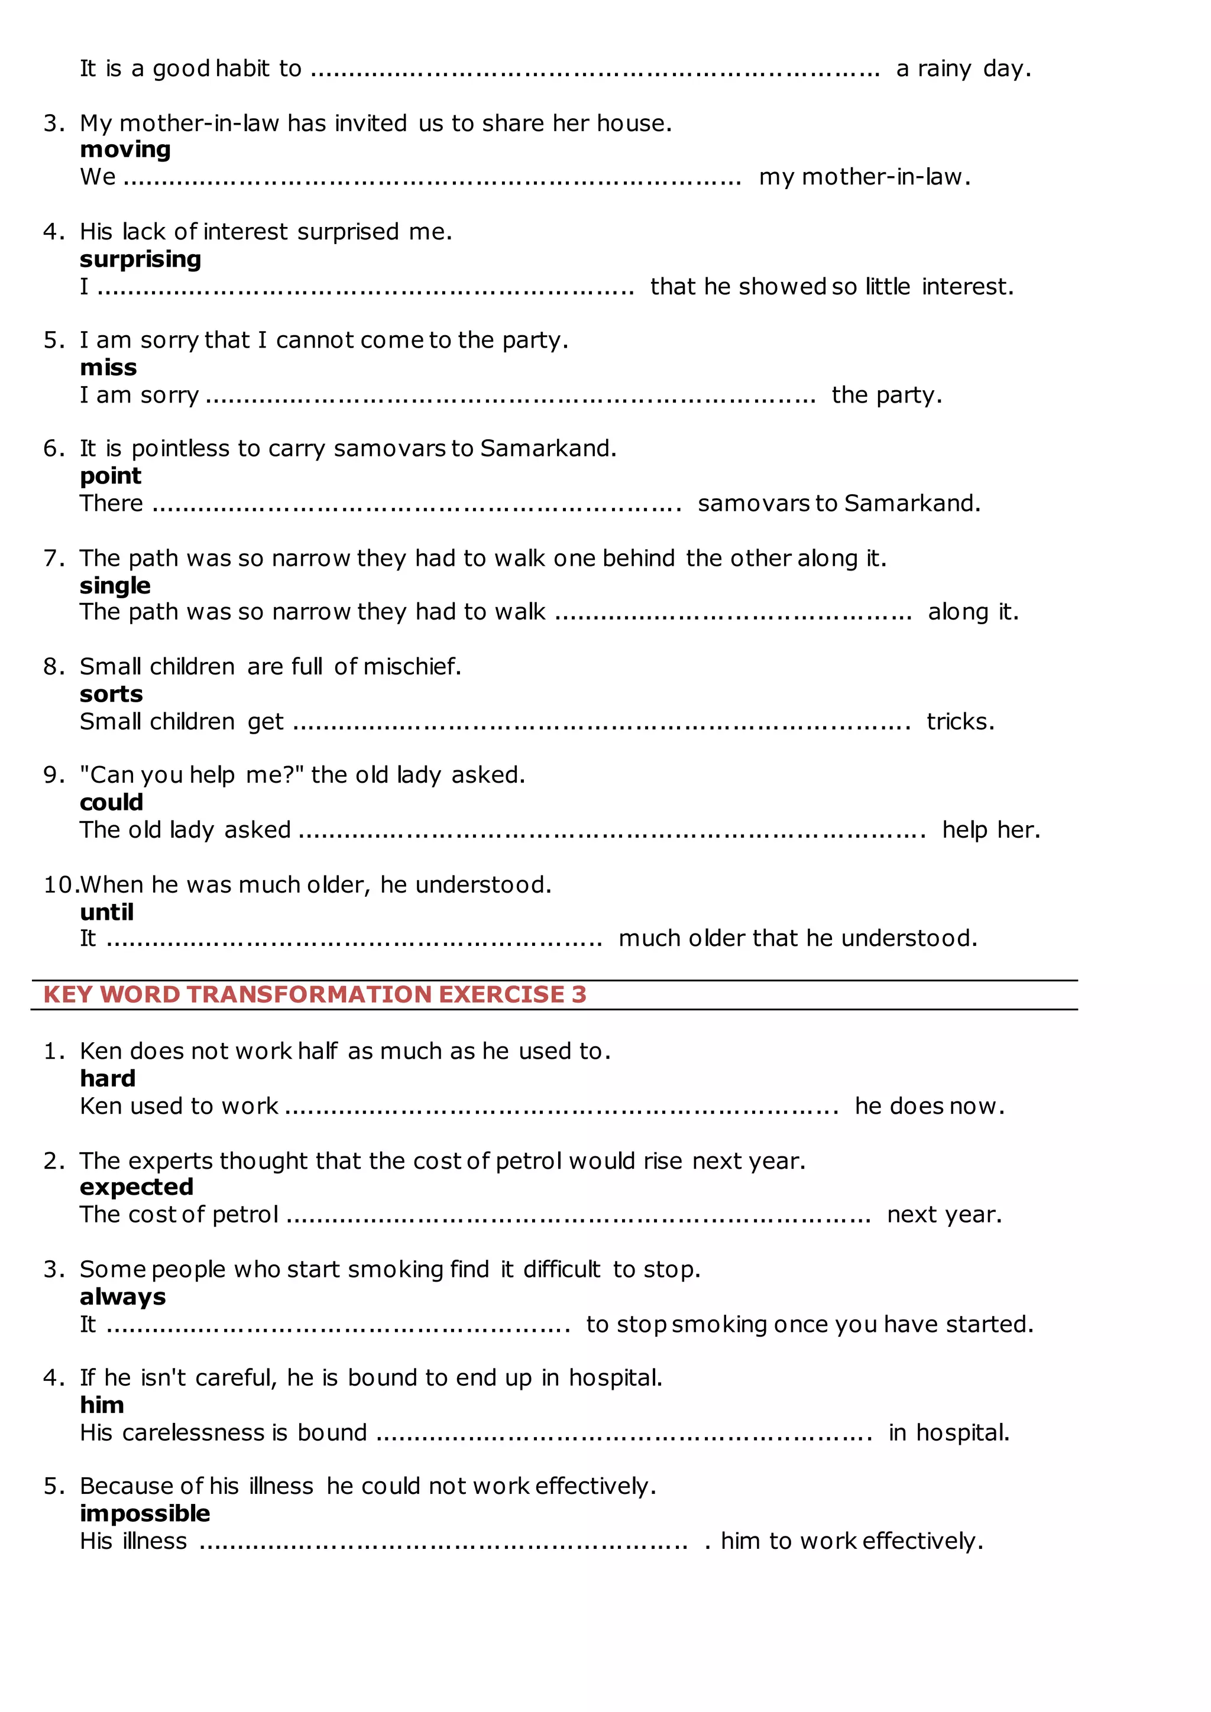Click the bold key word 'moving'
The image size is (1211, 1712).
pos(125,150)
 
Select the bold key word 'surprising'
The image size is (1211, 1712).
pos(140,260)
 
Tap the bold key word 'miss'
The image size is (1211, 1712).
pos(108,368)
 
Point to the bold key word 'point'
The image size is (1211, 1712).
pos(111,476)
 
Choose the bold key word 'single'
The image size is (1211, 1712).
pos(115,585)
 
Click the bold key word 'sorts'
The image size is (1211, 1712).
pos(111,694)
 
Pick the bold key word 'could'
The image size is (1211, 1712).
pos(111,802)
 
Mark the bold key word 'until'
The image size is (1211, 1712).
pos(106,912)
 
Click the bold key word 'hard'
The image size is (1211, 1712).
pos(108,1078)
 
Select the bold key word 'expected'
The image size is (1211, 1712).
pos(137,1186)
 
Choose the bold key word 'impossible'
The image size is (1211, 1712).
pos(145,1513)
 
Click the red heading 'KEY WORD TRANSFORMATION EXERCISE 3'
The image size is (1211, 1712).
pos(315,995)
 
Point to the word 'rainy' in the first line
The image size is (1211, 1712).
pos(944,69)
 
